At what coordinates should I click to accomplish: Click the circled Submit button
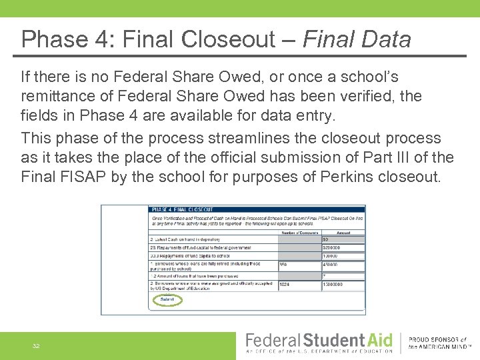pos(167,299)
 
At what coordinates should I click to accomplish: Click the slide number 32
pos(37,346)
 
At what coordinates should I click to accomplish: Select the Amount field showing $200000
pos(343,247)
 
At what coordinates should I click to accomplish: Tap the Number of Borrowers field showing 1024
pos(299,285)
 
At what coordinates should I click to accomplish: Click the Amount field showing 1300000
pos(343,285)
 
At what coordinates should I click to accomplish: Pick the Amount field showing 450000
pos(343,264)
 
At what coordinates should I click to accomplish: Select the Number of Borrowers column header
pos(299,232)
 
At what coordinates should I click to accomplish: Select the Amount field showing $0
pos(343,239)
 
